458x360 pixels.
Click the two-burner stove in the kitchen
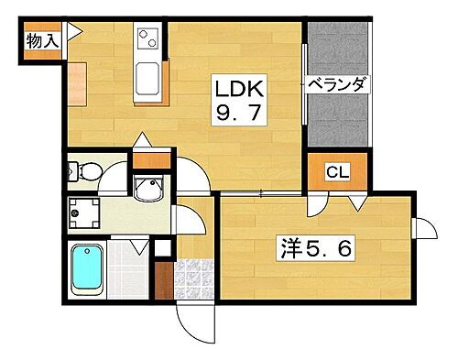(x=147, y=39)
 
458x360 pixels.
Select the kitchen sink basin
(x=147, y=76)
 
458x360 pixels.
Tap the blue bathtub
(x=89, y=269)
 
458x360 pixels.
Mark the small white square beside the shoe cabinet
(x=162, y=246)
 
